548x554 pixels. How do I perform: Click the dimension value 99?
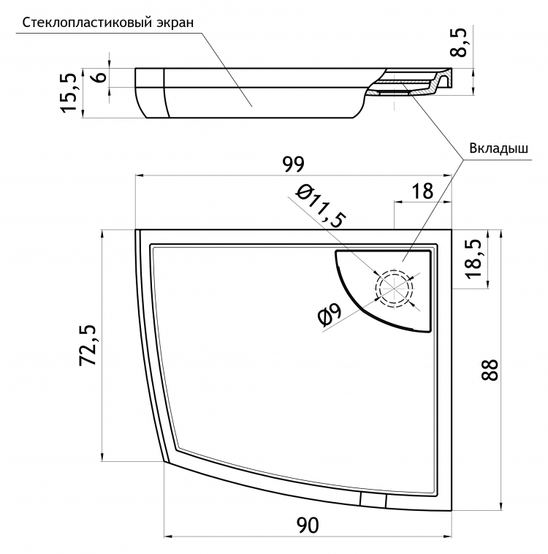point(293,164)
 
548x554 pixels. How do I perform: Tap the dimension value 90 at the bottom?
point(308,525)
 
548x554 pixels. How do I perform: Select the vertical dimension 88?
point(490,370)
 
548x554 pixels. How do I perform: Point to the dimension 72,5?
point(88,344)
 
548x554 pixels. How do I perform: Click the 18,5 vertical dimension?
point(473,259)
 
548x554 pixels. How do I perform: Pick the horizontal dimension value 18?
point(422,191)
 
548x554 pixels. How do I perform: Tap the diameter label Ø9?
point(330,314)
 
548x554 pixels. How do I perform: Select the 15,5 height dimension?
point(69,93)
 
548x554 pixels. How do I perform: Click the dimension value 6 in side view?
point(101,77)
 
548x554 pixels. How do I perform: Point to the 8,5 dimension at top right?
point(458,42)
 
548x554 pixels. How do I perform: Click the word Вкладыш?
point(498,148)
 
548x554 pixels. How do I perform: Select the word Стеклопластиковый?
point(87,23)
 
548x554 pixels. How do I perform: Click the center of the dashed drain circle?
point(395,288)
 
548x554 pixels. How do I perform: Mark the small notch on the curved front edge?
point(373,501)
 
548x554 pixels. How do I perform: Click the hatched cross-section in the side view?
point(403,88)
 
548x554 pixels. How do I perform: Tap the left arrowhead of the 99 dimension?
point(140,175)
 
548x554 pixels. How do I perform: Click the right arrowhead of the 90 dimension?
point(448,536)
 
